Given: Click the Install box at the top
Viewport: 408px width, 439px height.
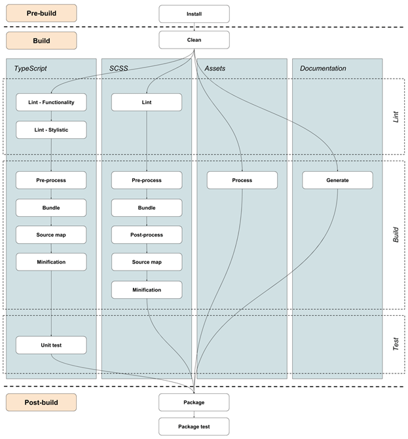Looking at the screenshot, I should [x=194, y=13].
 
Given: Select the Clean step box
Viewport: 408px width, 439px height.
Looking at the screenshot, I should [x=194, y=40].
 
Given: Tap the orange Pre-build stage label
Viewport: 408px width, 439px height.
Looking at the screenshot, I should [x=41, y=13].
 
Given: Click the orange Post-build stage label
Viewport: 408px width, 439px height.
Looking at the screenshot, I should [x=41, y=402].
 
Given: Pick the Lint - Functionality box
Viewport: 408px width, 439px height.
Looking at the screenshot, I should [x=51, y=102].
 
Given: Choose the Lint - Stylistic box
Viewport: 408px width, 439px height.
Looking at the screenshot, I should [x=51, y=130].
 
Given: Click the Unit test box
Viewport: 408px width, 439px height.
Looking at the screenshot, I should [x=51, y=345].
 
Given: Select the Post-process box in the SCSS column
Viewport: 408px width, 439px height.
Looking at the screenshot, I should [x=146, y=235].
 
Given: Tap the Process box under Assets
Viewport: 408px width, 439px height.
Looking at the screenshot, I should [x=242, y=180].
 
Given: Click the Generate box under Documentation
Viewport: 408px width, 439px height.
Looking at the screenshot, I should [x=337, y=180].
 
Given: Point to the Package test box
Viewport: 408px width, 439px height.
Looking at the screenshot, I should [x=194, y=427].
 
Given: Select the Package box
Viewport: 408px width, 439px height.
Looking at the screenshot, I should [x=194, y=402].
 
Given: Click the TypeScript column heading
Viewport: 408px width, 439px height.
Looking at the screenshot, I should [x=31, y=68].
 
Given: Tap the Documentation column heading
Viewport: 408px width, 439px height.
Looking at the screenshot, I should [x=323, y=68].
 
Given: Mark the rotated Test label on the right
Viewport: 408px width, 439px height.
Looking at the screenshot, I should [x=396, y=344].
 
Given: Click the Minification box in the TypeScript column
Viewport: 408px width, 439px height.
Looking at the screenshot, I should [x=51, y=262].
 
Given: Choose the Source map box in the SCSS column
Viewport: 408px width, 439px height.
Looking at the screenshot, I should [x=146, y=262].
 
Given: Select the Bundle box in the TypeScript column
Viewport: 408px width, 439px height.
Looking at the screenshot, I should [x=51, y=207].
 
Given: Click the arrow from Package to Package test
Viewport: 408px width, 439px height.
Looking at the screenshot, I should [x=194, y=414].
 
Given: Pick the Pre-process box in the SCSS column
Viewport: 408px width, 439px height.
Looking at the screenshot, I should [x=146, y=180].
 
